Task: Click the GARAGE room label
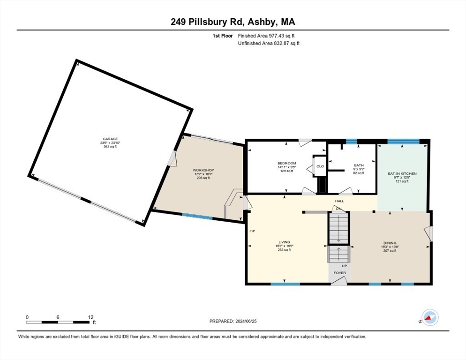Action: pyautogui.click(x=111, y=139)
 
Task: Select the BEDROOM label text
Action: pyautogui.click(x=287, y=163)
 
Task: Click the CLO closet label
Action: pyautogui.click(x=320, y=166)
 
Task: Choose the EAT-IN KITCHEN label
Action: pyautogui.click(x=402, y=173)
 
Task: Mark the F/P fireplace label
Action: pyautogui.click(x=252, y=231)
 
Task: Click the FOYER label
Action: pyautogui.click(x=340, y=272)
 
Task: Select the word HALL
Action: pyautogui.click(x=339, y=201)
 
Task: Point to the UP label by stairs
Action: pyautogui.click(x=344, y=265)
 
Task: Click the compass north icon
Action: pyautogui.click(x=429, y=317)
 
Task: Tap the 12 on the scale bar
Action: pyautogui.click(x=90, y=317)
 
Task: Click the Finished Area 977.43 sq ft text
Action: pyautogui.click(x=266, y=36)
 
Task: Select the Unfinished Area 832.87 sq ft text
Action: pyautogui.click(x=269, y=43)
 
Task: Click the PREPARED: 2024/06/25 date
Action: pyautogui.click(x=233, y=321)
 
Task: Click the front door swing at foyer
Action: pyautogui.click(x=341, y=280)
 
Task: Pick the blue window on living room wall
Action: pyautogui.click(x=285, y=284)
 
